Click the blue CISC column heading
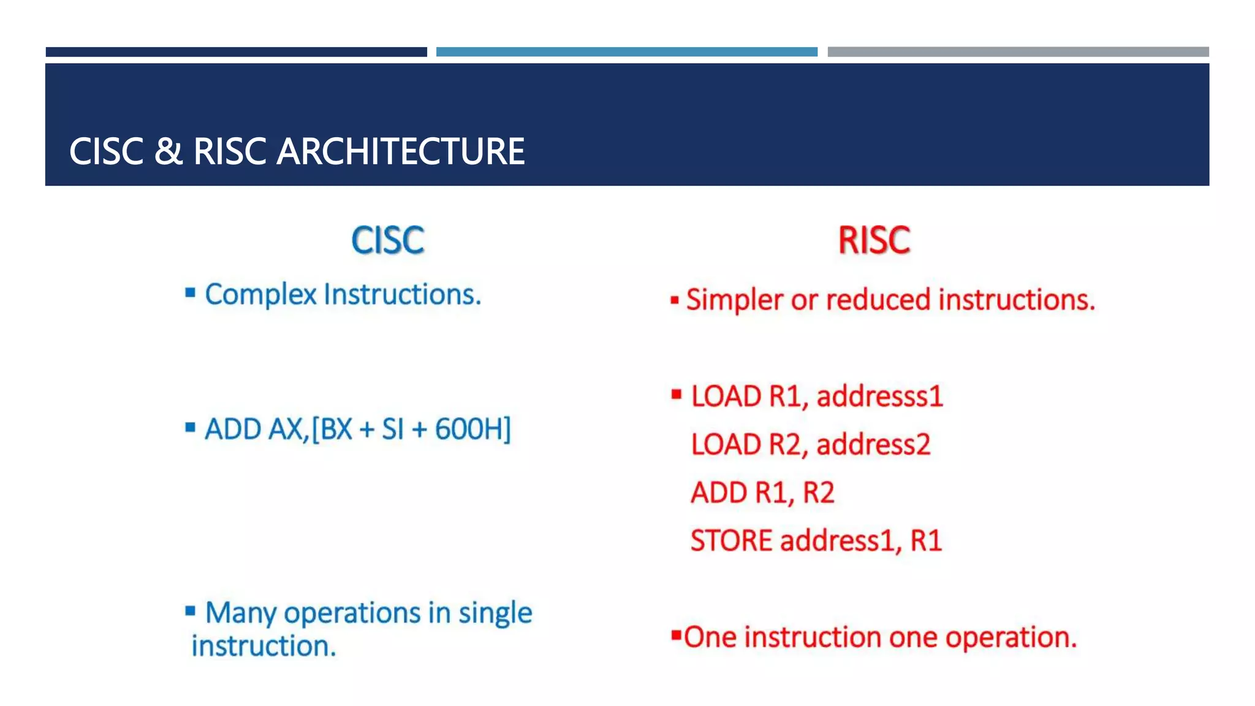[x=387, y=240]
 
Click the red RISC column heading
[x=874, y=240]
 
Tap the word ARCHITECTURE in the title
[x=400, y=151]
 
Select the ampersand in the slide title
[x=168, y=151]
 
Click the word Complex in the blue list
[x=260, y=294]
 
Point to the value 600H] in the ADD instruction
[x=472, y=429]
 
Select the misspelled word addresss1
[x=879, y=396]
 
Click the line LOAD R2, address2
[x=810, y=444]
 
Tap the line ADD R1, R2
[x=762, y=493]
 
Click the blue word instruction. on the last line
[x=264, y=646]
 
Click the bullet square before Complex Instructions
[x=191, y=293]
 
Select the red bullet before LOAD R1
[x=676, y=394]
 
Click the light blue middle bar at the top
[x=626, y=52]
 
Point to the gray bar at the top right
[x=1018, y=52]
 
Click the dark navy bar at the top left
[x=236, y=52]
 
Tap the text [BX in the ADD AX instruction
[x=332, y=429]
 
